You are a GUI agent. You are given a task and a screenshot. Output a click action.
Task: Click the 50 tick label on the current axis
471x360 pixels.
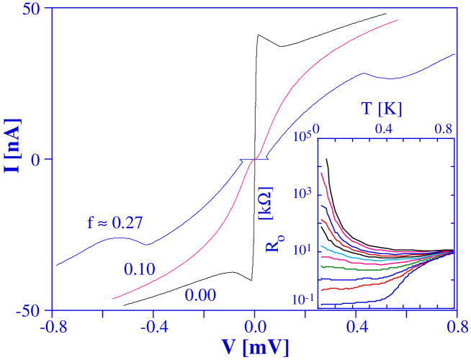point(33,10)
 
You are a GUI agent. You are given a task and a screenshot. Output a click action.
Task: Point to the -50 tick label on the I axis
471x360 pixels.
point(30,312)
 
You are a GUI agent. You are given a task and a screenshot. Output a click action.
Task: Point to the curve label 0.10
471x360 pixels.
point(139,269)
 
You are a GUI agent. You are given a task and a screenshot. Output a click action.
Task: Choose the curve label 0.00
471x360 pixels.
point(200,294)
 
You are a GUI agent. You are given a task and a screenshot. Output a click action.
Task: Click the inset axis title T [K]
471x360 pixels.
point(382,109)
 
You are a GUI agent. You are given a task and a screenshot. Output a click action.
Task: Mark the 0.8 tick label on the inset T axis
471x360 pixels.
point(443,128)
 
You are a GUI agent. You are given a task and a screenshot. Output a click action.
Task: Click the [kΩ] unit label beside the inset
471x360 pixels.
point(265,205)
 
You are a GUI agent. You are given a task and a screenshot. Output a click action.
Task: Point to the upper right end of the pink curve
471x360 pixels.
point(398,20)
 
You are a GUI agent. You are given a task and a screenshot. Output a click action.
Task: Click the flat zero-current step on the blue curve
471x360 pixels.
point(253,158)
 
